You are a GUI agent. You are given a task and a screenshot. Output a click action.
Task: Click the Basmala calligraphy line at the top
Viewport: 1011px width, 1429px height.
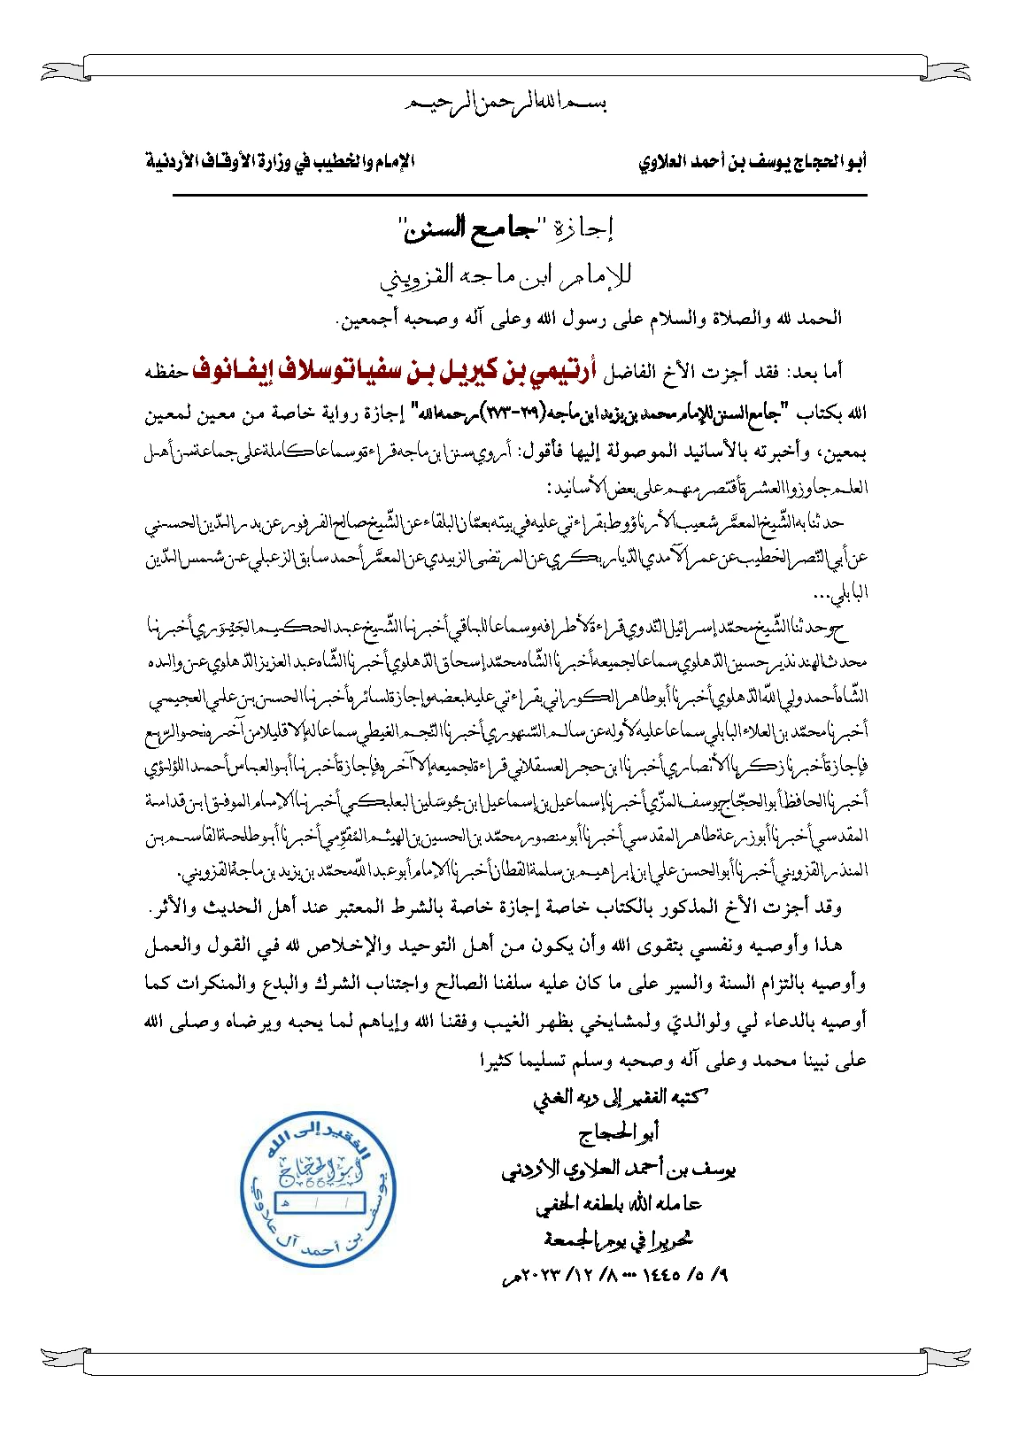(505, 104)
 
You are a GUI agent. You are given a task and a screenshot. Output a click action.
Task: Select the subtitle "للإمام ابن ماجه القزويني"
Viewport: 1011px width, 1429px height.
(505, 276)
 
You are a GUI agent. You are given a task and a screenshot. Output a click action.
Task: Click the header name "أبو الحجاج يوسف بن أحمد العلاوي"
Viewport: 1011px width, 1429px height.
(752, 163)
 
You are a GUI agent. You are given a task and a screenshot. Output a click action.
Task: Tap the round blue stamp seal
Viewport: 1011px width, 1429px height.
(319, 1190)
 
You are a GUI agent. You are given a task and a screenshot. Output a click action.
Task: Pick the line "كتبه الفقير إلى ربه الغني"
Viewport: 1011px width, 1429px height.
(620, 1098)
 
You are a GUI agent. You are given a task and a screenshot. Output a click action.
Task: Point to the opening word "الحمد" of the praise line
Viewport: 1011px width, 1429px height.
(822, 319)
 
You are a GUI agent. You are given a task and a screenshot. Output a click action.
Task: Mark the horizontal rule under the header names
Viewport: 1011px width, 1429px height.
(520, 195)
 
